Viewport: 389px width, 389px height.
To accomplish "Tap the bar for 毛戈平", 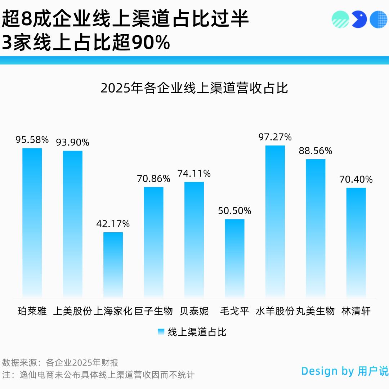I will click(234, 258).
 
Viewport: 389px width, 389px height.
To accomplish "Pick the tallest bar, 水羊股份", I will click(275, 221).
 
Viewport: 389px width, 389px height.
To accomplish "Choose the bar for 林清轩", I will click(356, 242).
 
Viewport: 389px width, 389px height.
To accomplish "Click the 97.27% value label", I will click(275, 137).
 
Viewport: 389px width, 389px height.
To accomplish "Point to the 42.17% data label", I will click(113, 224).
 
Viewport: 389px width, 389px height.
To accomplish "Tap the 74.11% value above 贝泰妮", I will click(194, 174).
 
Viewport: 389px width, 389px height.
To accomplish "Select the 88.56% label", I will click(316, 151).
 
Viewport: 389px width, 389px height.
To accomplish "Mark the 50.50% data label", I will click(234, 211).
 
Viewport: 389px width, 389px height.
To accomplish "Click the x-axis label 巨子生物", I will click(154, 311).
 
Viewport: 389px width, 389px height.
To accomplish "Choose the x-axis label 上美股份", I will click(72, 311).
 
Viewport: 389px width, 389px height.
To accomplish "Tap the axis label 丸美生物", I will click(316, 311).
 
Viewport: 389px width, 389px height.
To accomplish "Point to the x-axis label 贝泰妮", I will click(194, 311).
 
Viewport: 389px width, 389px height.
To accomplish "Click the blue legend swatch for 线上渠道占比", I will click(161, 332).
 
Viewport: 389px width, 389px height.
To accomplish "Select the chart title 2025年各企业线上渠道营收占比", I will click(194, 88).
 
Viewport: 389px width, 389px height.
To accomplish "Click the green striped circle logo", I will click(340, 19).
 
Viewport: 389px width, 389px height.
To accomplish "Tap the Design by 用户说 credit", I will click(345, 371).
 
